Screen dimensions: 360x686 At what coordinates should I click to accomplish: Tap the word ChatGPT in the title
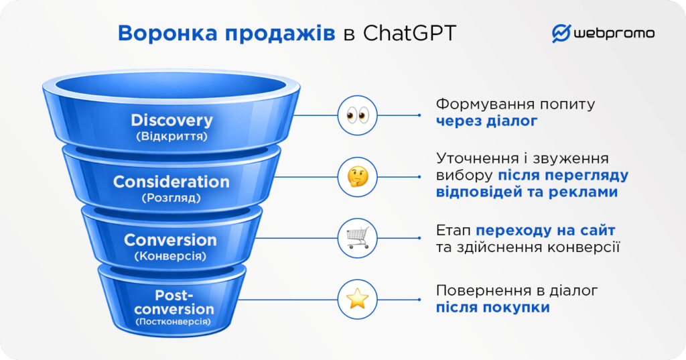coord(409,34)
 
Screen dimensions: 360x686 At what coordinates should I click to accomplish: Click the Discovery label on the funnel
coord(171,121)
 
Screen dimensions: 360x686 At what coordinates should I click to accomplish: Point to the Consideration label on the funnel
coord(171,182)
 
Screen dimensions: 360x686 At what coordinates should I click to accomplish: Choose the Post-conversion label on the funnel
coord(174,302)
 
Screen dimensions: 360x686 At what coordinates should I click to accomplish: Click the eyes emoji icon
coord(357,115)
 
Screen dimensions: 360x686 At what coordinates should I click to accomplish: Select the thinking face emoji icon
coord(357,177)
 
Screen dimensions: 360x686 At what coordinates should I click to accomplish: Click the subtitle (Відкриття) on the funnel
coord(171,136)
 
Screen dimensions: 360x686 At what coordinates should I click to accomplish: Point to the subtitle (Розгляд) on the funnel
coord(171,198)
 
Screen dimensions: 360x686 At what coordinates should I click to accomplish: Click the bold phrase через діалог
coord(486,121)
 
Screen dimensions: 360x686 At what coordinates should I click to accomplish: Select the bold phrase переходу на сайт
coord(545,231)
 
